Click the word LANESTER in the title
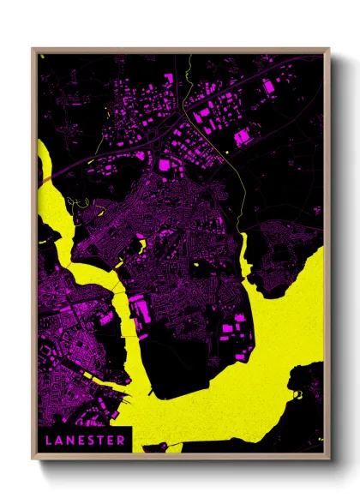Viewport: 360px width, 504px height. [x=86, y=440]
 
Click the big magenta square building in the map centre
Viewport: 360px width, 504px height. [x=164, y=163]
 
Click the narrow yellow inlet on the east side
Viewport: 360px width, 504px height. [x=243, y=257]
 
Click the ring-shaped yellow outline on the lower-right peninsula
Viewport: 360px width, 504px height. [x=297, y=395]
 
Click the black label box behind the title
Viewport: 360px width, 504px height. [x=86, y=440]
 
